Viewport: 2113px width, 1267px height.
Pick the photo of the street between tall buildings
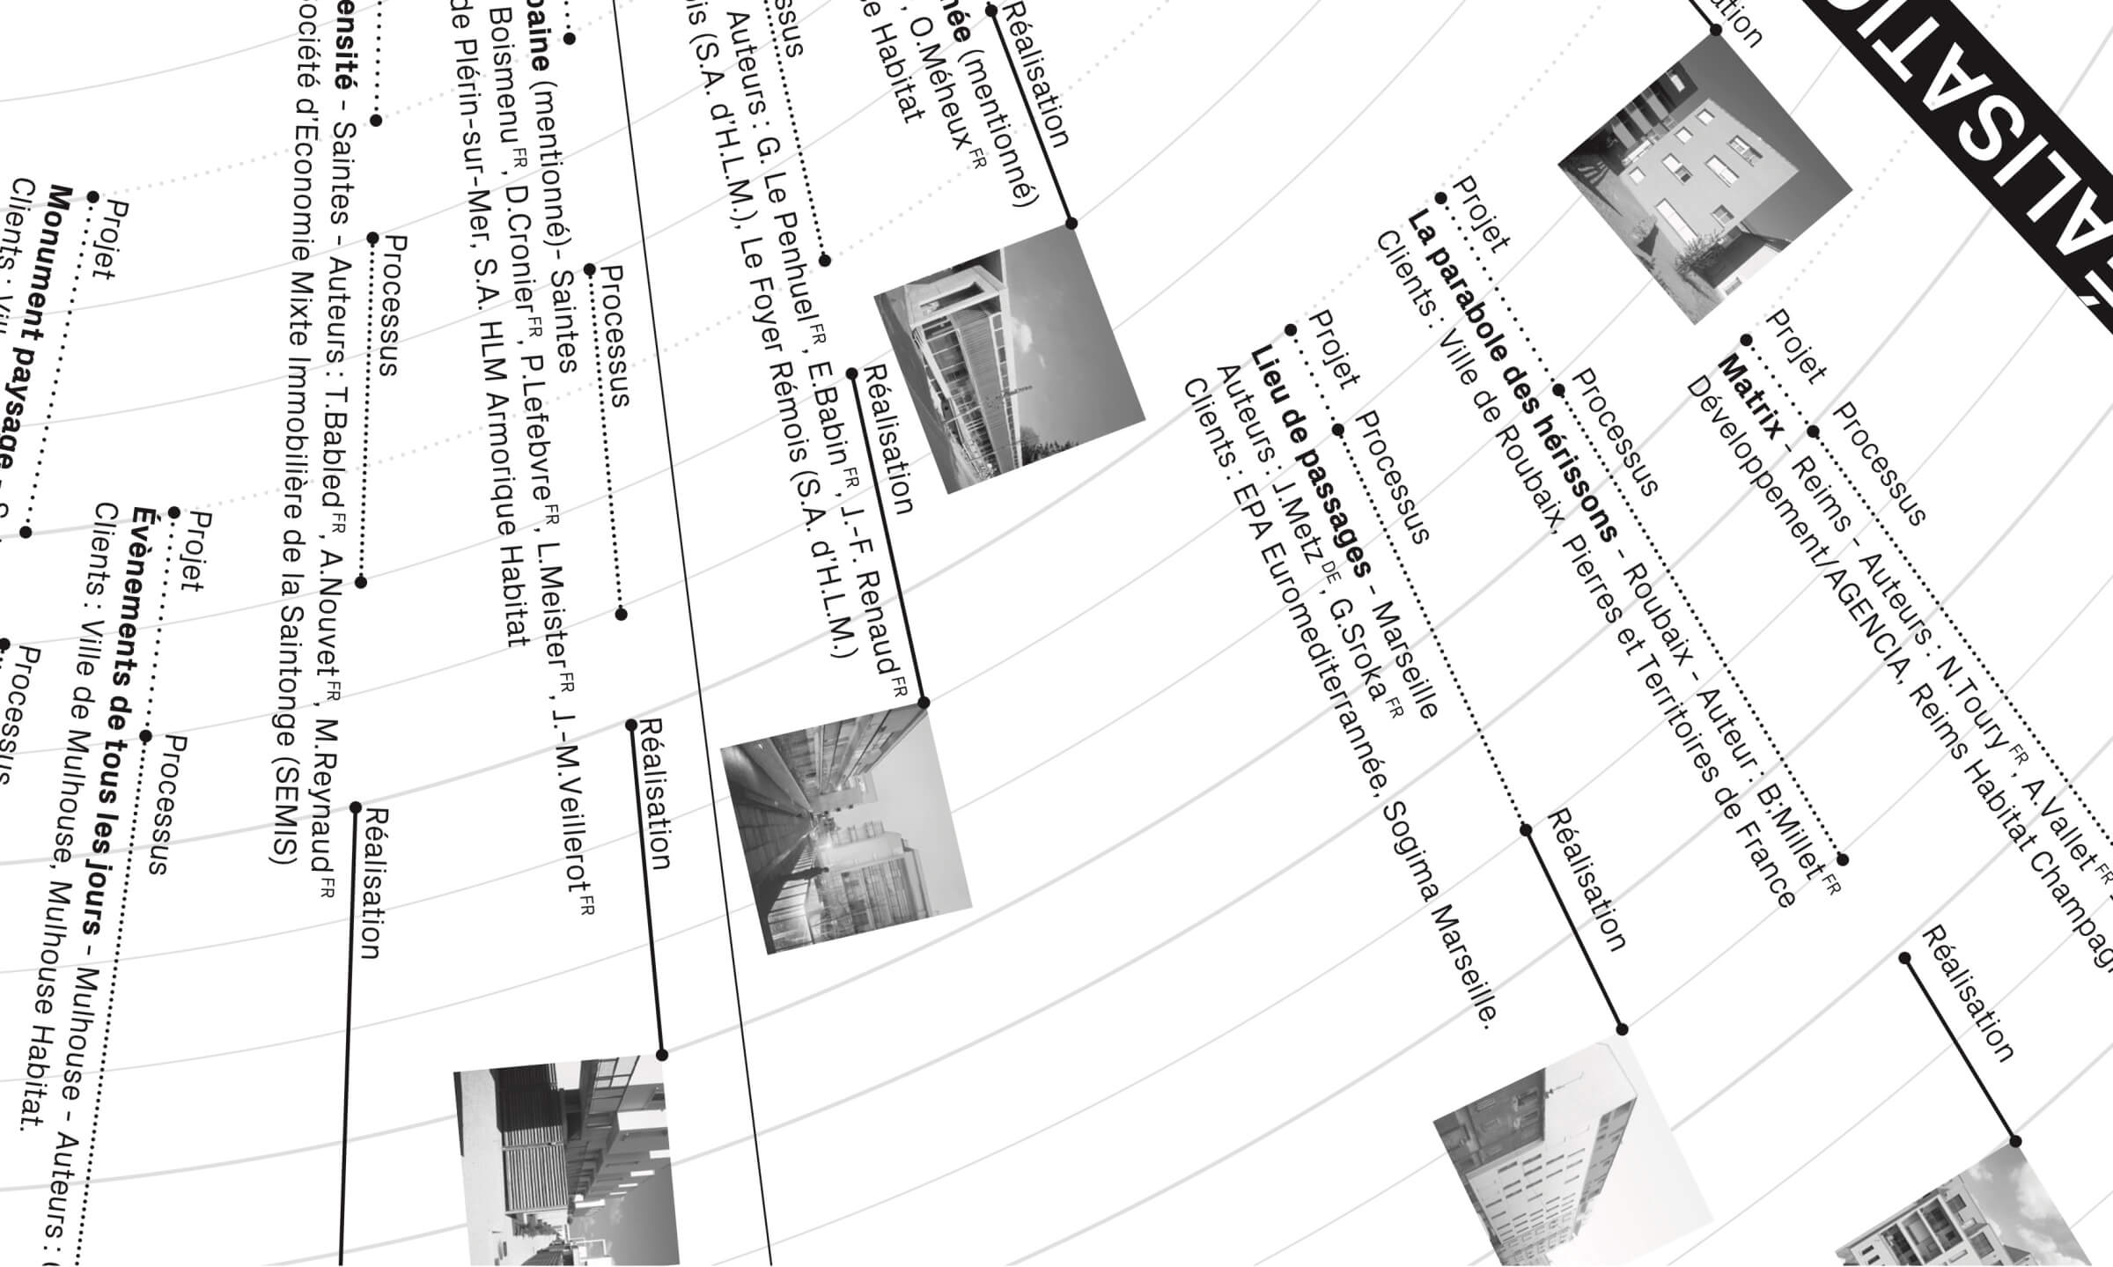click(844, 829)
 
